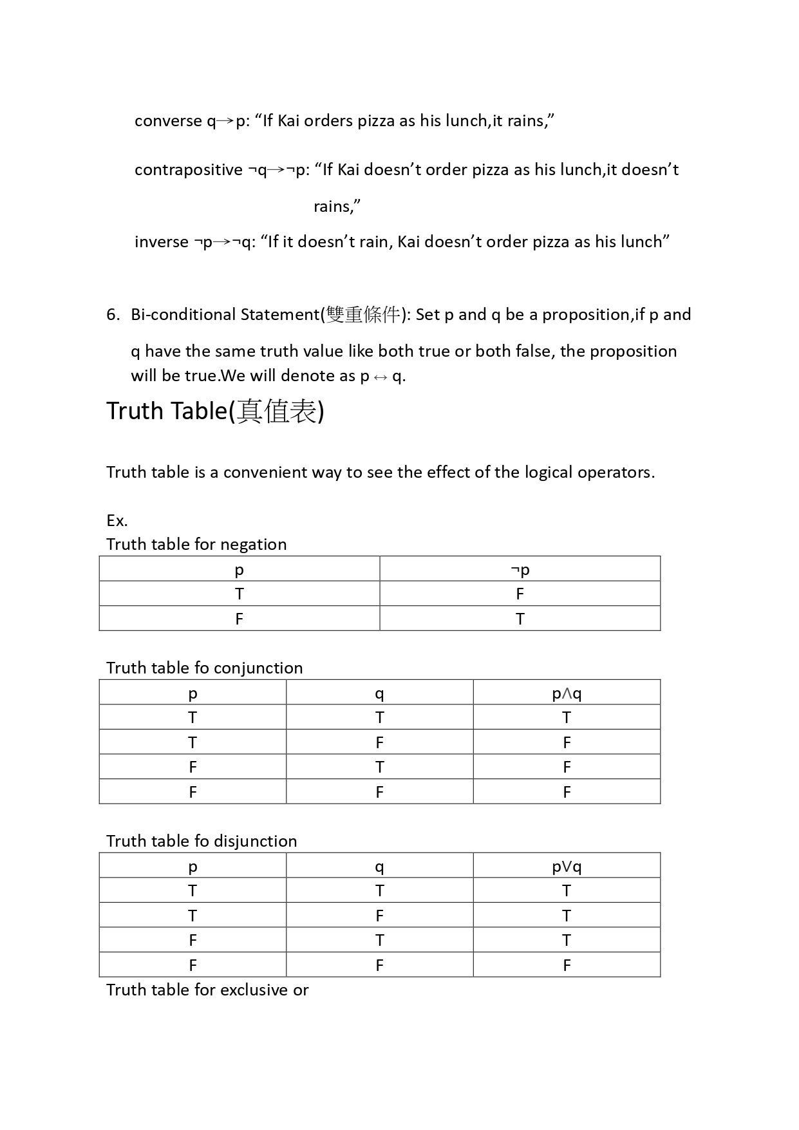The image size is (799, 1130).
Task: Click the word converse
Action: click(x=168, y=121)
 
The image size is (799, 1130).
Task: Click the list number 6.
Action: click(x=113, y=315)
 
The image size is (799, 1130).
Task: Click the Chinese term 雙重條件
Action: click(x=363, y=315)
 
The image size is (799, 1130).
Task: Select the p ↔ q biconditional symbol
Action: click(x=382, y=377)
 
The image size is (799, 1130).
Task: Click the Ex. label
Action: click(x=117, y=520)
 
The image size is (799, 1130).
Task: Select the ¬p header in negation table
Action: click(x=520, y=570)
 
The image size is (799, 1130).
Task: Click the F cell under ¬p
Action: click(x=520, y=594)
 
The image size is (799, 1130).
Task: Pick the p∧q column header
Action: click(x=567, y=693)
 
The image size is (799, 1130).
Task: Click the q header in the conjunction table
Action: click(x=379, y=693)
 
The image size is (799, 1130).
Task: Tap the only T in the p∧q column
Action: click(x=567, y=718)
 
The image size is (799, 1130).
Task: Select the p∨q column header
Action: click(x=567, y=867)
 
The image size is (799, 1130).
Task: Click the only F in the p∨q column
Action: click(x=567, y=965)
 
